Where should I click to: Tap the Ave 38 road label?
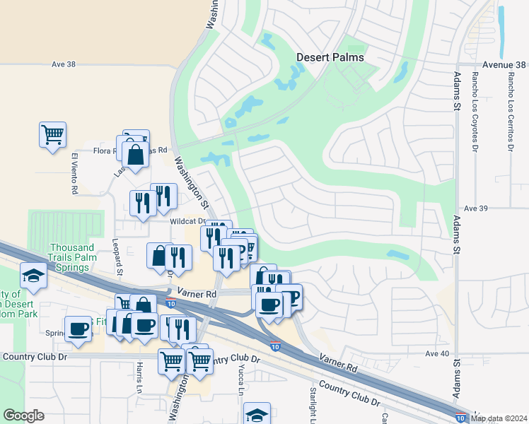tap(63, 64)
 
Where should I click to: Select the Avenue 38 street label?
tap(506, 64)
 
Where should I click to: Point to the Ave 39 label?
tap(477, 208)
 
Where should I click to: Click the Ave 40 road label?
tap(438, 353)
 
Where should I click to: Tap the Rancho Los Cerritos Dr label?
tap(509, 112)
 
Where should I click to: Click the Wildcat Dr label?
tap(186, 221)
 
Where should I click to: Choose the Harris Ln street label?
tap(139, 377)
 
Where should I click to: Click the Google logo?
tap(23, 416)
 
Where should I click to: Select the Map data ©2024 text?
tap(499, 418)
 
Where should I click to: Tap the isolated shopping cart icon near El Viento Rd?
tap(53, 134)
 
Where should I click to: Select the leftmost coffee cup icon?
tap(78, 328)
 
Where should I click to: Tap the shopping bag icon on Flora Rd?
tap(135, 153)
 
